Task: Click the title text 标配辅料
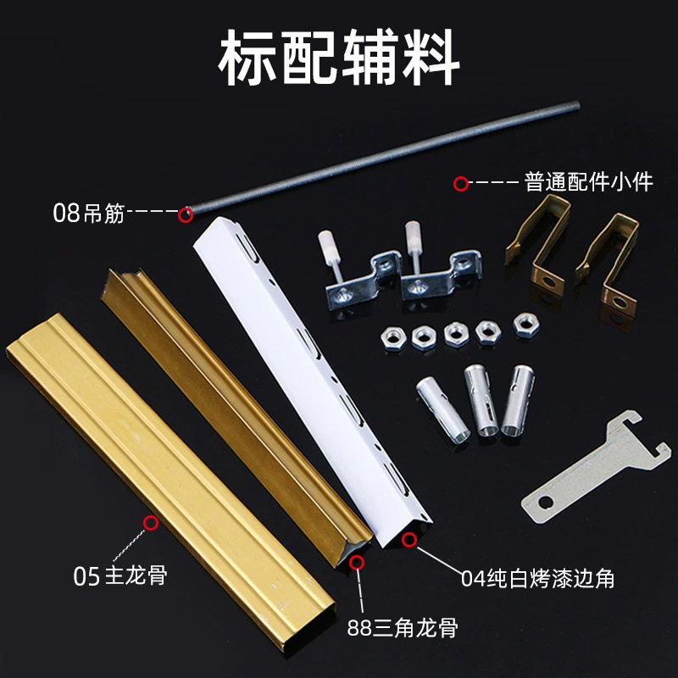pyautogui.click(x=339, y=59)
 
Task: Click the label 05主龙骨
pyautogui.click(x=119, y=578)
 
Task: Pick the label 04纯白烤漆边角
pyautogui.click(x=537, y=579)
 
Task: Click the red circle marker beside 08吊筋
pyautogui.click(x=185, y=214)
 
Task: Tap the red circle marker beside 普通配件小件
pyautogui.click(x=461, y=182)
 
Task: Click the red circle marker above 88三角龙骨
pyautogui.click(x=357, y=561)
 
